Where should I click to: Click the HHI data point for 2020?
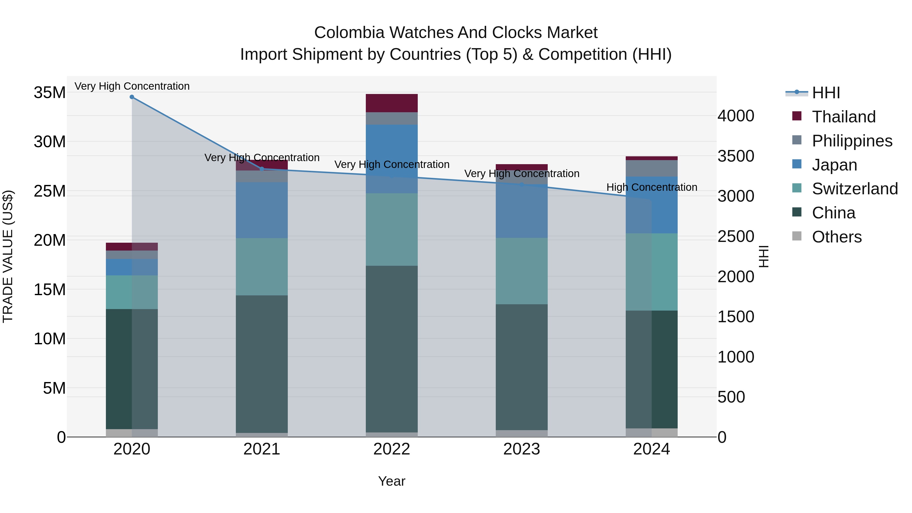pos(132,97)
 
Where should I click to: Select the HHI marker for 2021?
pos(262,169)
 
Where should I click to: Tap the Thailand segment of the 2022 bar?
pos(392,103)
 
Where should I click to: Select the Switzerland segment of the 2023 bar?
pos(522,271)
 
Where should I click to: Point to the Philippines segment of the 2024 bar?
pos(651,168)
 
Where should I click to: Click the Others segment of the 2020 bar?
pos(132,433)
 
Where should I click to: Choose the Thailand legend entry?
pos(843,117)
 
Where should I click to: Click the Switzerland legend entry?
pos(855,189)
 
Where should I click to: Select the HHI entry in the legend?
pos(826,93)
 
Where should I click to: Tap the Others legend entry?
pos(837,237)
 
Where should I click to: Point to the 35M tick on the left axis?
pos(50,93)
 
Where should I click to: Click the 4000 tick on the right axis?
pos(736,116)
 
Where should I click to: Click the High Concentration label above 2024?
pos(651,187)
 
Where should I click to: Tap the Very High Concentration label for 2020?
pos(132,86)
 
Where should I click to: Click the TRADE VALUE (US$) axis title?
pos(8,256)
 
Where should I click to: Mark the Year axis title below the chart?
pos(392,481)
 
